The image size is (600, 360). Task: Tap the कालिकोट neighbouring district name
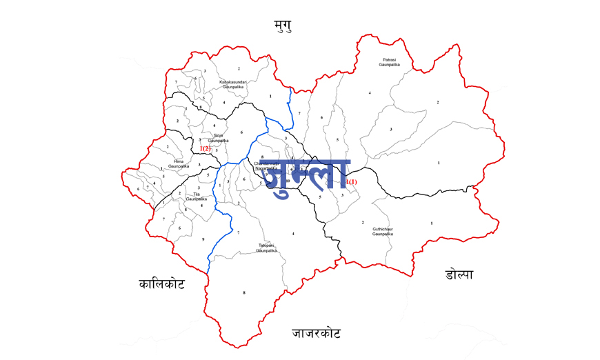pos(161,283)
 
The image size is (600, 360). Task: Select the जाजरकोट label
pos(316,334)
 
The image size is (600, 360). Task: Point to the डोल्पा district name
pos(459,274)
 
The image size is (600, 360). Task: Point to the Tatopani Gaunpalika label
pos(266,248)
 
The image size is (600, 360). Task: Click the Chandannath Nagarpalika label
pos(266,166)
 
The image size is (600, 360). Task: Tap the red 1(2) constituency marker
pos(206,148)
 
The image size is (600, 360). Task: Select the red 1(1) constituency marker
pos(352,182)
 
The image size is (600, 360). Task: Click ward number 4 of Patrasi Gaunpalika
pos(370,92)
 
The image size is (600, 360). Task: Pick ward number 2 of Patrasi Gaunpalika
pos(437,102)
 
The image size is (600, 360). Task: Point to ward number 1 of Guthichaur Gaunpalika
pos(432,223)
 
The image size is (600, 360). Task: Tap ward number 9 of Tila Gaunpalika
pos(203,239)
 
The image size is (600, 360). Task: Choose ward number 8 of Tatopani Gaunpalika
pos(243,293)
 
